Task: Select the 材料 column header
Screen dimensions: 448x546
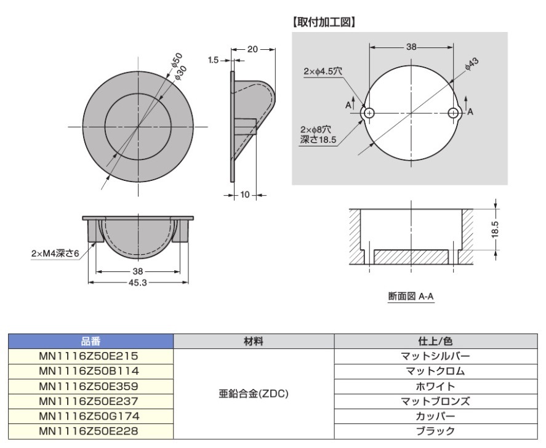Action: (x=253, y=341)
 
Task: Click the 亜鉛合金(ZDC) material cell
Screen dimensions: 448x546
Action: (x=253, y=394)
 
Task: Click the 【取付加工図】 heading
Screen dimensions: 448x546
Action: (x=324, y=22)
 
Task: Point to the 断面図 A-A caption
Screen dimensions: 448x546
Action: (x=411, y=296)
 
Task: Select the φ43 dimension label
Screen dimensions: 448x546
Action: (x=472, y=63)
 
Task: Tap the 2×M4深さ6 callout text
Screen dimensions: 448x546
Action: (x=55, y=254)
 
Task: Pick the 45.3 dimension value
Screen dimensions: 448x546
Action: (x=138, y=283)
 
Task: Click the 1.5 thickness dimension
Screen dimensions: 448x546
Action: (x=214, y=60)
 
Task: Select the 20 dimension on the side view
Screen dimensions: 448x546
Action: (x=252, y=49)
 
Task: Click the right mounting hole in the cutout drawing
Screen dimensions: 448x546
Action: (x=454, y=113)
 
